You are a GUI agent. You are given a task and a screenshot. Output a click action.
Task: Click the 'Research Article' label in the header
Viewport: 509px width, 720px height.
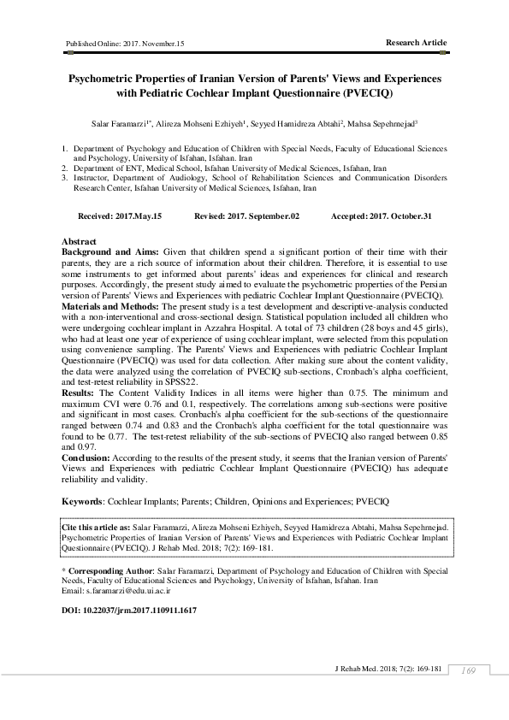(416, 42)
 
